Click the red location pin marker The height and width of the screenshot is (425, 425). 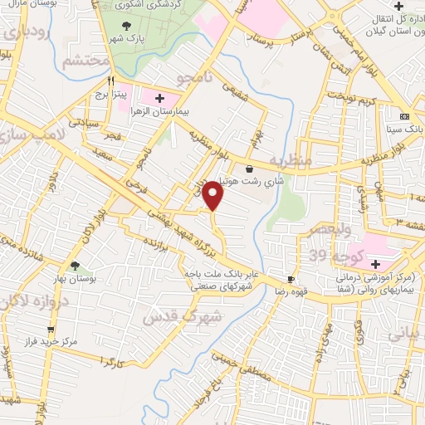(x=214, y=194)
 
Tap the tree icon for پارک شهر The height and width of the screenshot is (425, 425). (x=126, y=27)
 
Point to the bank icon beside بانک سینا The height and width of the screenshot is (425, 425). (x=404, y=116)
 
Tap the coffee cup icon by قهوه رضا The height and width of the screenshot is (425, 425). (x=291, y=279)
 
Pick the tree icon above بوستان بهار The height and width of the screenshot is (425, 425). (x=75, y=266)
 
